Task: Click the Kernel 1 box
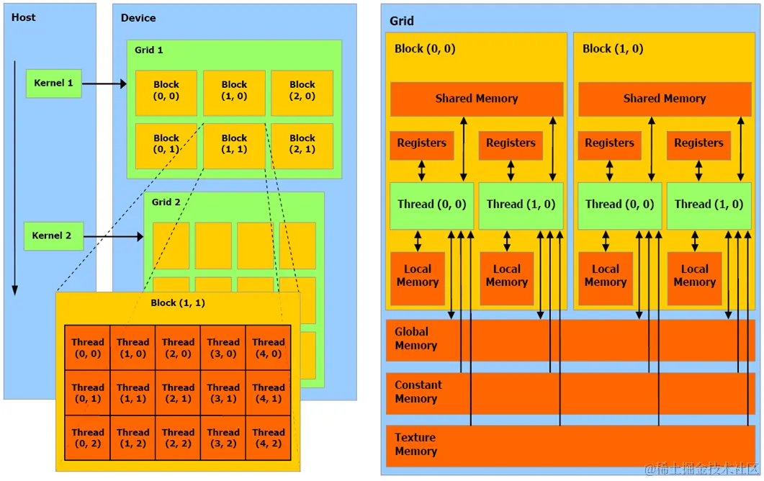(53, 84)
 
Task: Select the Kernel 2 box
(53, 236)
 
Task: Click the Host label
(24, 17)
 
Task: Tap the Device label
(138, 17)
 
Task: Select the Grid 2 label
(166, 202)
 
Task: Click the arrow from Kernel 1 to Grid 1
(104, 84)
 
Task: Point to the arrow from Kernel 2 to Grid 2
(112, 236)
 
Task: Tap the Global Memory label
(415, 338)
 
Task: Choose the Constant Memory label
(418, 392)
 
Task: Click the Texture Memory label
(415, 444)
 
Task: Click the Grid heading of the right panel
(402, 21)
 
